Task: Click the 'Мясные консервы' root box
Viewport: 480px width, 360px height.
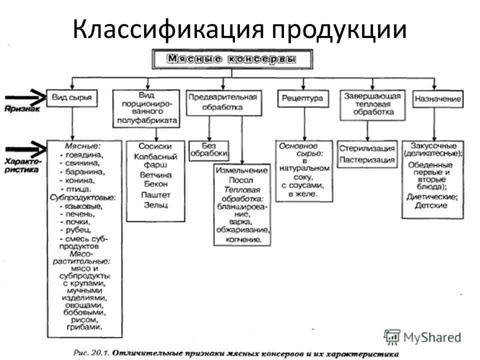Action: [231, 59]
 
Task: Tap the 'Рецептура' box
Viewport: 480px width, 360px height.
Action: [302, 98]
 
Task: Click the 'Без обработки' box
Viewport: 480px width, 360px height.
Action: [208, 148]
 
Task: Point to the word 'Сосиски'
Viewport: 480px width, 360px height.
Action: [156, 146]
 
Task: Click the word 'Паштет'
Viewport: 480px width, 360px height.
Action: [155, 194]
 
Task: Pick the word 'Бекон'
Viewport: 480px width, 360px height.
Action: [155, 184]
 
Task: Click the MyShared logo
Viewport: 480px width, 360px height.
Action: [422, 336]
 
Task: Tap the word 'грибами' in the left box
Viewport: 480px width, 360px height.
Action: [84, 327]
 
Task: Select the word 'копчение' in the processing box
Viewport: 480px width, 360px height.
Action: [242, 239]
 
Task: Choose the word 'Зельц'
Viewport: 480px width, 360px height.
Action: [155, 204]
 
